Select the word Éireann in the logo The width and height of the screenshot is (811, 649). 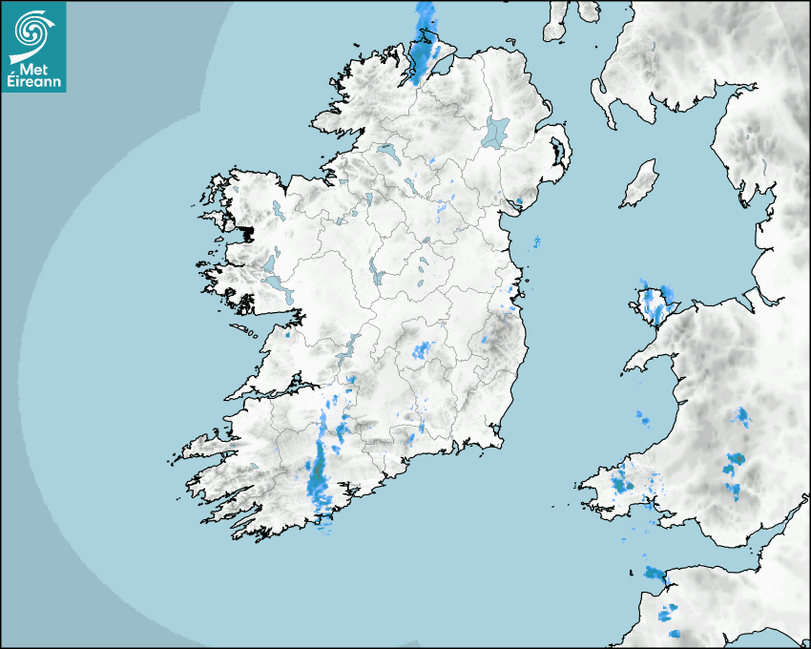click(34, 81)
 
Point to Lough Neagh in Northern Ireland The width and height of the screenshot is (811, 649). click(497, 131)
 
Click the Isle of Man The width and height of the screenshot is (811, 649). click(640, 183)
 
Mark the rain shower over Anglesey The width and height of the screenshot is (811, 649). click(655, 303)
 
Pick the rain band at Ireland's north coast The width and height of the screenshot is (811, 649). click(423, 43)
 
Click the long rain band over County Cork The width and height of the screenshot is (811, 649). click(317, 468)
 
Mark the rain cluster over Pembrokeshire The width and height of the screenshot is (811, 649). click(621, 481)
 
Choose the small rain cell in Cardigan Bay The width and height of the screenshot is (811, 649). click(641, 417)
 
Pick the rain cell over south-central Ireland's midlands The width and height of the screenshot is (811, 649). click(422, 350)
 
